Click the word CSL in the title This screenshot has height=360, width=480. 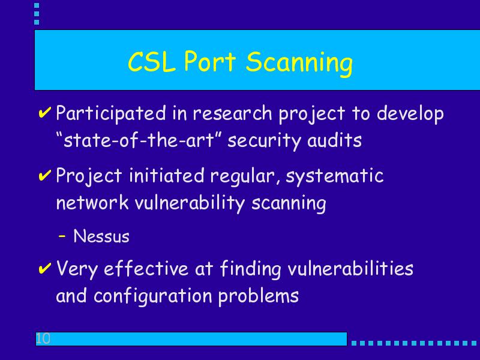tap(152, 62)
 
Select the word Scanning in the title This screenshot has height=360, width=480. tap(299, 64)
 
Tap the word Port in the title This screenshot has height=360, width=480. tap(210, 61)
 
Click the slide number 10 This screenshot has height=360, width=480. tap(43, 338)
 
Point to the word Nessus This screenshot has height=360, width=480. tap(101, 236)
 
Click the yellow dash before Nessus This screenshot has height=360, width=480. tap(62, 236)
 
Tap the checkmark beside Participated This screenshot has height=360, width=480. tap(44, 112)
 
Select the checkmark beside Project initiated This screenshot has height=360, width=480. tap(44, 175)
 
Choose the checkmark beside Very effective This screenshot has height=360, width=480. tap(44, 268)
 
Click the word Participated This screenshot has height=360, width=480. tap(111, 114)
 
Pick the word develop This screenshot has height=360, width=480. tap(410, 114)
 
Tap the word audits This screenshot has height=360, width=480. tap(334, 140)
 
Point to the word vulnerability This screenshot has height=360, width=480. tap(190, 203)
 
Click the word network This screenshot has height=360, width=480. tap(92, 202)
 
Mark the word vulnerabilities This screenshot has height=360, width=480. tap(350, 268)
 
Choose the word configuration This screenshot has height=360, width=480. tap(153, 296)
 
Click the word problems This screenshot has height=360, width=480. tap(259, 296)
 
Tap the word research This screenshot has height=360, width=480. tap(232, 113)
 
